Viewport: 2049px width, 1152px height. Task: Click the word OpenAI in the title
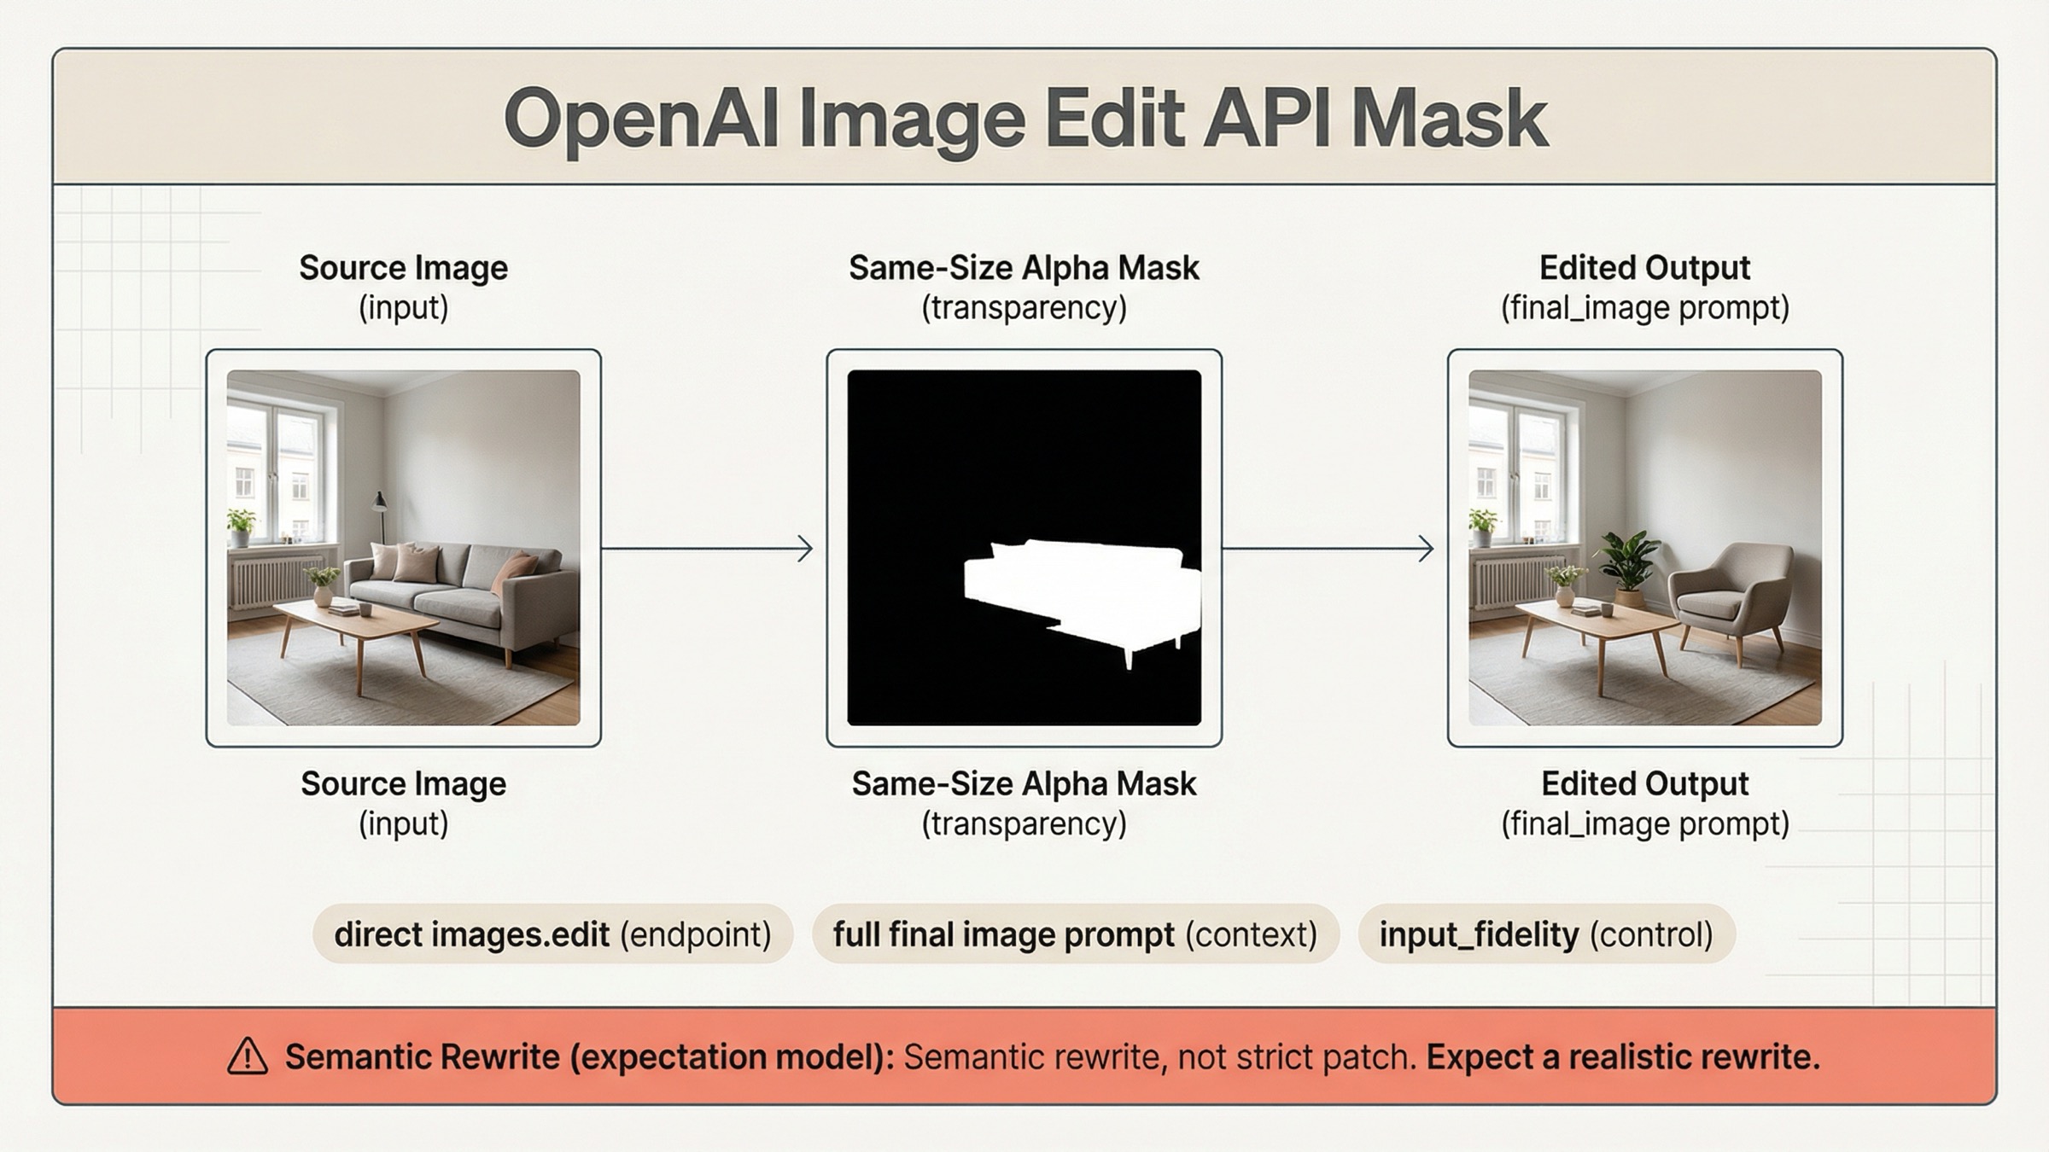[640, 119]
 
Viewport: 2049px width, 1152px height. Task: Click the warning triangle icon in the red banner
[248, 1056]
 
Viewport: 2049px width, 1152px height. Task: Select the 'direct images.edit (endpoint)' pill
[552, 934]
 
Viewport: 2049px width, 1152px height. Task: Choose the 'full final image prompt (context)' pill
[1075, 934]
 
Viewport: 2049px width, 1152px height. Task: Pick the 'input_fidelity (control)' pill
[1546, 934]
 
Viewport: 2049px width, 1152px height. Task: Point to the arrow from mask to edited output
[1328, 549]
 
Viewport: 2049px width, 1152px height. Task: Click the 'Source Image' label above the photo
[403, 268]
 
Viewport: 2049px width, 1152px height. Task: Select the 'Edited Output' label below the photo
[1644, 783]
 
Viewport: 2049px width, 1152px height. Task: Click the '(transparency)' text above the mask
[1024, 308]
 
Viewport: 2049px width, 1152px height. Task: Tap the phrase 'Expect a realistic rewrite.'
[1623, 1057]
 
